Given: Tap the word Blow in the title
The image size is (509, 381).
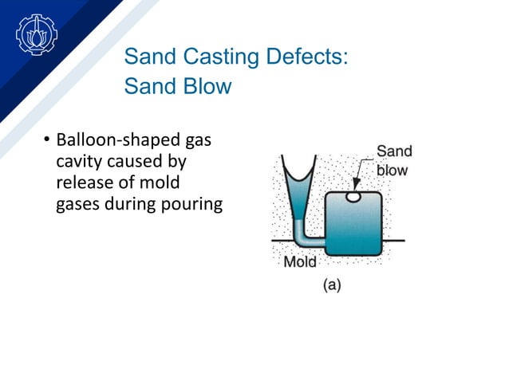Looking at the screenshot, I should click(x=206, y=85).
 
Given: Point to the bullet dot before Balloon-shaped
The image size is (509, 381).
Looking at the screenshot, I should click(x=46, y=143).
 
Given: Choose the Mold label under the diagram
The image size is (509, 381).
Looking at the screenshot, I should click(x=300, y=261).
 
